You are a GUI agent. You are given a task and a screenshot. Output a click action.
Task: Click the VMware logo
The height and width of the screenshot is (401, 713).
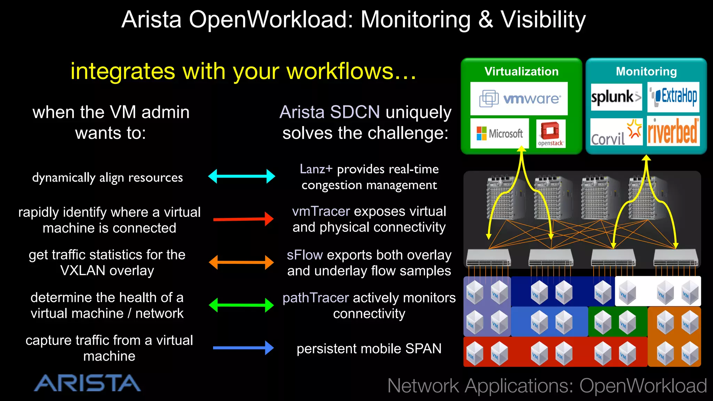pos(519,99)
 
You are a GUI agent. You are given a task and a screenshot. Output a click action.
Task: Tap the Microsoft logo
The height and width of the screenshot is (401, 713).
pos(500,133)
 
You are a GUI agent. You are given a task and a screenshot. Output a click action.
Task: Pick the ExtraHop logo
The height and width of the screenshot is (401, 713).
pos(673,96)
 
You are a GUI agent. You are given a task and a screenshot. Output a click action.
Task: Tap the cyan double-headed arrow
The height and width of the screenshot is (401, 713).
pos(242,176)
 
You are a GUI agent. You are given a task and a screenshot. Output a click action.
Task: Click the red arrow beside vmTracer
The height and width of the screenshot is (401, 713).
pos(243,219)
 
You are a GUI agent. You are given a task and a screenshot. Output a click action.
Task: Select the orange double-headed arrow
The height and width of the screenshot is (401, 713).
pos(241,262)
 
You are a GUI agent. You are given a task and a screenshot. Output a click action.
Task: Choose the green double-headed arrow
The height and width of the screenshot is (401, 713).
pos(241,305)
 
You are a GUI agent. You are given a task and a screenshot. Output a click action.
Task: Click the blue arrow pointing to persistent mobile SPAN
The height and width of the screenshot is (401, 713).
pos(243,348)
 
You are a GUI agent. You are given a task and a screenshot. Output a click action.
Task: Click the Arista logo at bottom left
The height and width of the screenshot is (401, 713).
pos(87,383)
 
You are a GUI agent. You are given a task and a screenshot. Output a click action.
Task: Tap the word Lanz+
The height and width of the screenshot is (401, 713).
pos(316,169)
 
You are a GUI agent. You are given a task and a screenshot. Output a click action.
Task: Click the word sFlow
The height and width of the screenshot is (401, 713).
pos(305,255)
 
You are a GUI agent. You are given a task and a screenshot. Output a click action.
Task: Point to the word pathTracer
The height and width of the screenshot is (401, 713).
pos(315,298)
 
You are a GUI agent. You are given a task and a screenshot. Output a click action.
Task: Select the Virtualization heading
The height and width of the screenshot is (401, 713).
pos(521,71)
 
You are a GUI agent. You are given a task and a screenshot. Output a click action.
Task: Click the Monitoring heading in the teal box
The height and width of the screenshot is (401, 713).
pos(646,71)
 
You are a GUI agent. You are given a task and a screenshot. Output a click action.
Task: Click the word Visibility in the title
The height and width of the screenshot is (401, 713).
pos(543,20)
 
